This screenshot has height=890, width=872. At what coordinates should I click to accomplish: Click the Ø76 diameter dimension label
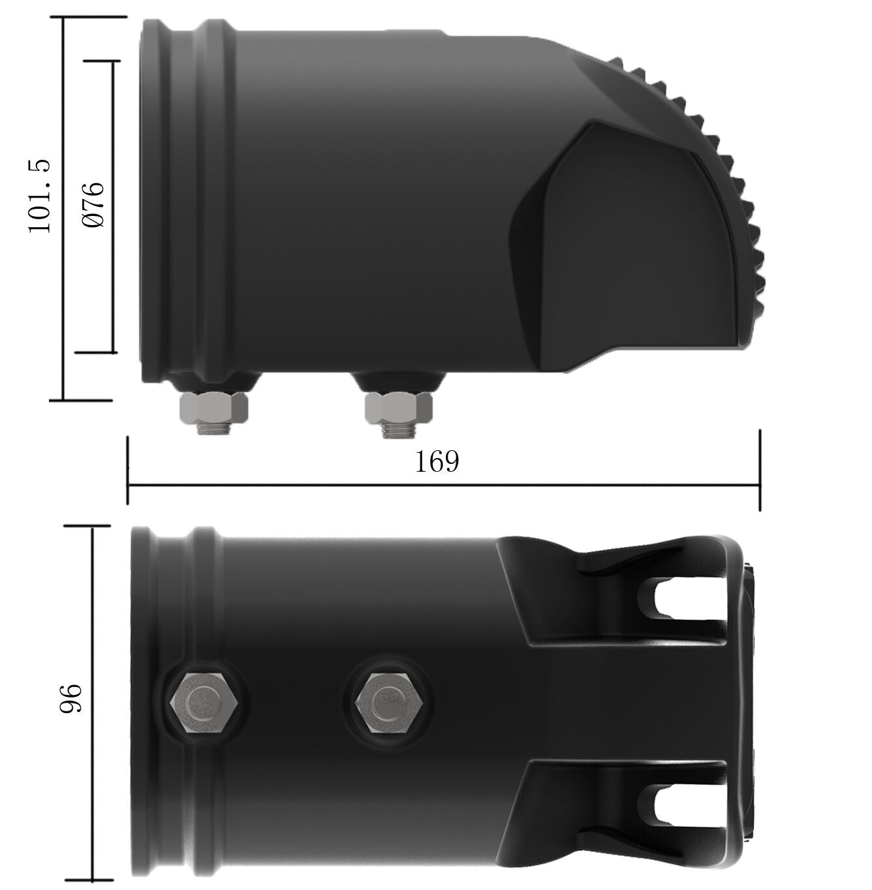[x=93, y=205]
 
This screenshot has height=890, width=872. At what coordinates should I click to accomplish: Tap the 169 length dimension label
[x=437, y=461]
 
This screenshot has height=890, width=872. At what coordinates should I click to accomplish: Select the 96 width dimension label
[x=70, y=698]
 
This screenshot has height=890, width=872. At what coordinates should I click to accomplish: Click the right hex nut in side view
[x=399, y=408]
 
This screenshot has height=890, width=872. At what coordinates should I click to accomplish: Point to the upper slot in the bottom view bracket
[x=685, y=599]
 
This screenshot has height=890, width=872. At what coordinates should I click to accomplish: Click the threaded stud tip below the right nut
[x=399, y=429]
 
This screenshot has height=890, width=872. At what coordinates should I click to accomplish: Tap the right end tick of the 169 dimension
[x=760, y=470]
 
